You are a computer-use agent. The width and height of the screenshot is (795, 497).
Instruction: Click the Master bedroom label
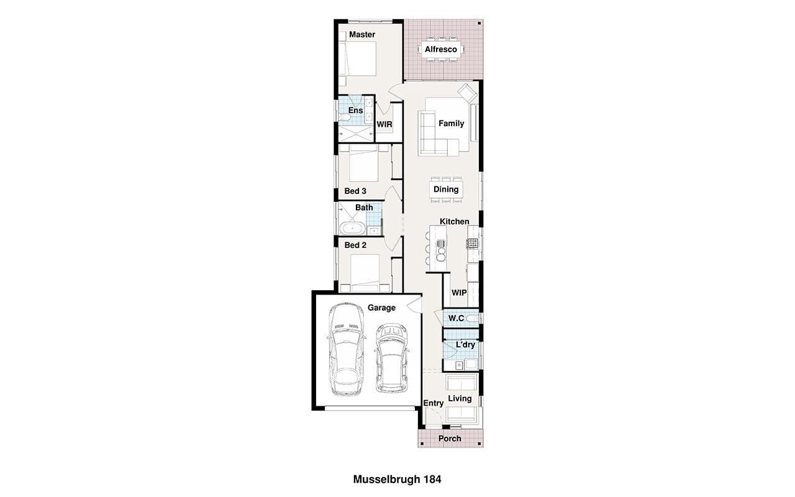[x=362, y=34]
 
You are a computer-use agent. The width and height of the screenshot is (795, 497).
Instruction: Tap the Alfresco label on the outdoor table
[x=441, y=49]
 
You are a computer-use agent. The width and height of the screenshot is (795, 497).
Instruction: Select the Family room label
[x=451, y=123]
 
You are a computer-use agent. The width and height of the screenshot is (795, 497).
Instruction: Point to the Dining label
[x=446, y=189]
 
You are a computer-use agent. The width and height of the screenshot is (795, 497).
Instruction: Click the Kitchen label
[x=454, y=222]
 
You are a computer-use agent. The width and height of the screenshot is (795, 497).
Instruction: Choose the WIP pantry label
[x=459, y=293]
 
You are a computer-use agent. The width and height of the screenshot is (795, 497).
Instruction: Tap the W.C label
[x=456, y=318]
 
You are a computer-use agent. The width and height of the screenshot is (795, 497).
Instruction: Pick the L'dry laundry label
[x=465, y=345]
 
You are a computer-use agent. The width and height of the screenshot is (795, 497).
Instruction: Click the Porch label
[x=450, y=439]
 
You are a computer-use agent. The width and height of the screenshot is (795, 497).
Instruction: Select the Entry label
[x=434, y=403]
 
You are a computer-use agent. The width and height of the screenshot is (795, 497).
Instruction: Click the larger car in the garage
[x=346, y=349]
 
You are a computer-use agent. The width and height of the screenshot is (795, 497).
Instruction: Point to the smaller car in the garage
[x=392, y=358]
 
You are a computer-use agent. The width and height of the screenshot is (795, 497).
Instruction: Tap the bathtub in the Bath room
[x=352, y=229]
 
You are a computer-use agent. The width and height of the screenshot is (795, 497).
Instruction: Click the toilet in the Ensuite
[x=344, y=117]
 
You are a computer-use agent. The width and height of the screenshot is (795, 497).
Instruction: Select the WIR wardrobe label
[x=384, y=124]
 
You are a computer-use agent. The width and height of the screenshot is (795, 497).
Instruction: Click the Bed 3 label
[x=355, y=191]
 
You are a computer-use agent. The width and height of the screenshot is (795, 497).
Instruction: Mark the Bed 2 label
[x=355, y=245]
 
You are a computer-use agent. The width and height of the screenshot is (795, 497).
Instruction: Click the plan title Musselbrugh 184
[x=397, y=479]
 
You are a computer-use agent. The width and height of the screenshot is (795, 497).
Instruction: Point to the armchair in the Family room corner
[x=467, y=93]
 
